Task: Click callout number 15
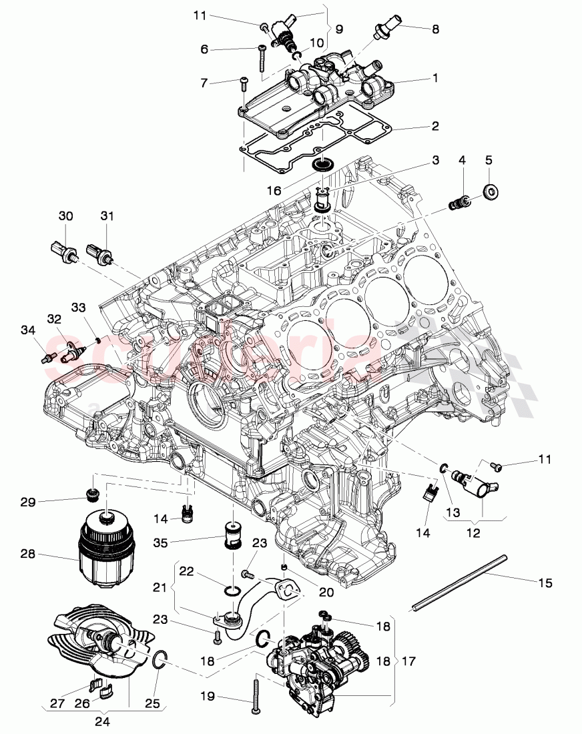pyautogui.click(x=545, y=583)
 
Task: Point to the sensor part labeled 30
pyautogui.click(x=64, y=252)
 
